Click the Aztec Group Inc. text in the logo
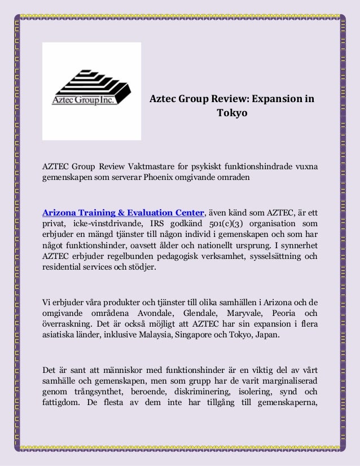pyautogui.click(x=84, y=100)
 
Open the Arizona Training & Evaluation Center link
pyautogui.click(x=123, y=213)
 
